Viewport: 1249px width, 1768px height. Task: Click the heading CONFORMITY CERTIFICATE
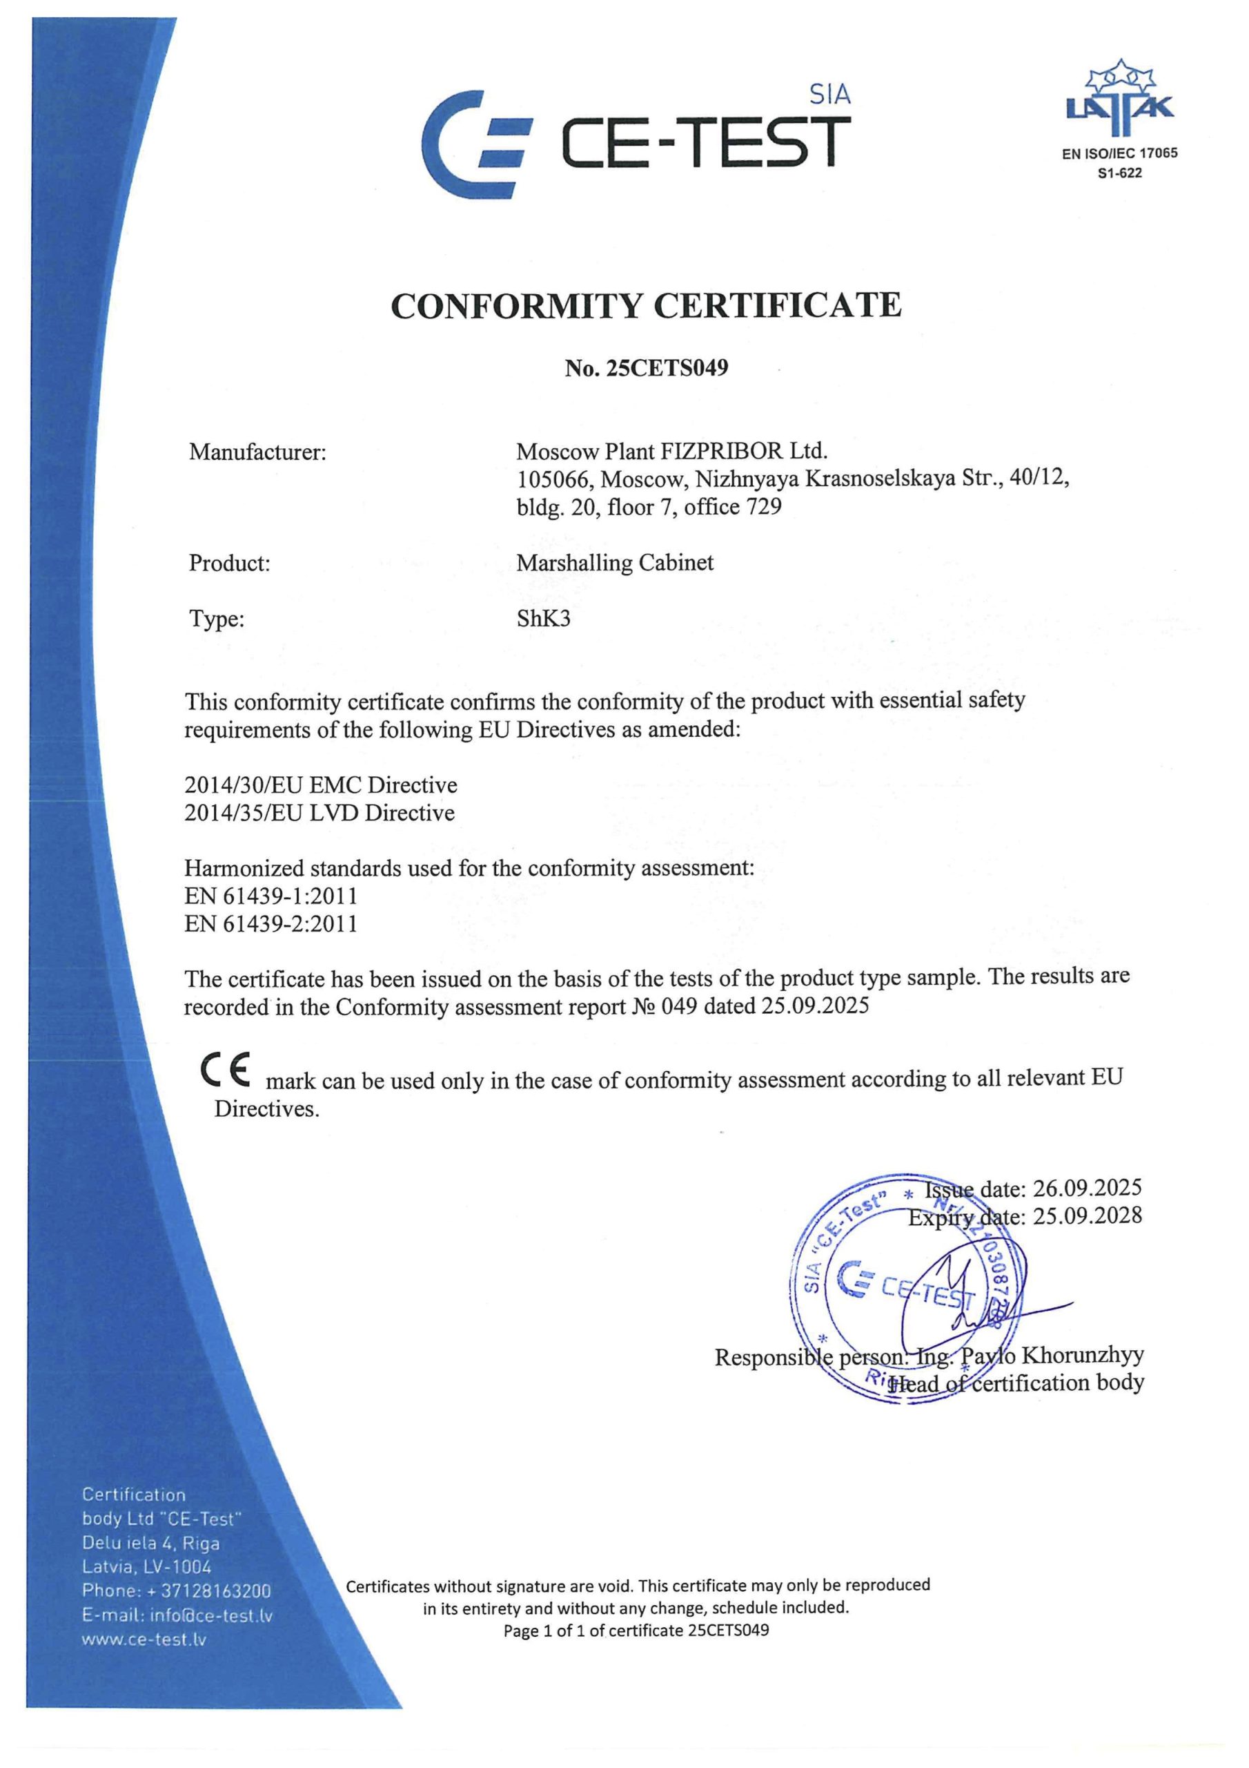(x=646, y=306)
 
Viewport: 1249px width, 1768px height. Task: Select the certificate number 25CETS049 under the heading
(x=667, y=369)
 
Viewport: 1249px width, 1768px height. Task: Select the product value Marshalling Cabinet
(x=615, y=563)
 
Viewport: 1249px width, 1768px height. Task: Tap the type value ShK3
(x=544, y=618)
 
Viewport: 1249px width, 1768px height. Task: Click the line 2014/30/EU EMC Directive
(x=320, y=785)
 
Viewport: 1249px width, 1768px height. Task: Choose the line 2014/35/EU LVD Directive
(x=319, y=812)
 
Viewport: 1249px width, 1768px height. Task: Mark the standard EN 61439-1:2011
(x=271, y=896)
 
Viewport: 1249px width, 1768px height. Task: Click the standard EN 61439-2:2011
(x=271, y=923)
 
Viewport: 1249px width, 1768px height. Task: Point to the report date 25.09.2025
(x=815, y=1006)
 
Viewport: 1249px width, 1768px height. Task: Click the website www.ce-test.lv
(x=145, y=1640)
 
